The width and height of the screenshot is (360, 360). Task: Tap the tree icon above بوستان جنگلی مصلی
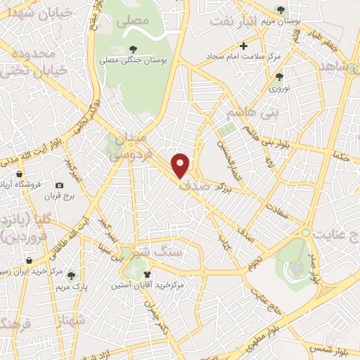[x=134, y=49]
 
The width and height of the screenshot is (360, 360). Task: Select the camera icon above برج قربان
[x=59, y=185]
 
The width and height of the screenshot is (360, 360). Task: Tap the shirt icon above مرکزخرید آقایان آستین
[x=147, y=274]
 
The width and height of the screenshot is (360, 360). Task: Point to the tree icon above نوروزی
[x=279, y=77]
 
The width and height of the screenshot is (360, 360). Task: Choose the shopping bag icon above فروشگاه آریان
[x=20, y=174]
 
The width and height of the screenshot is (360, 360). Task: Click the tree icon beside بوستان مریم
[x=282, y=10]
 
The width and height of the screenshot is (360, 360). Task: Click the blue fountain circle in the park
[x=297, y=268]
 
